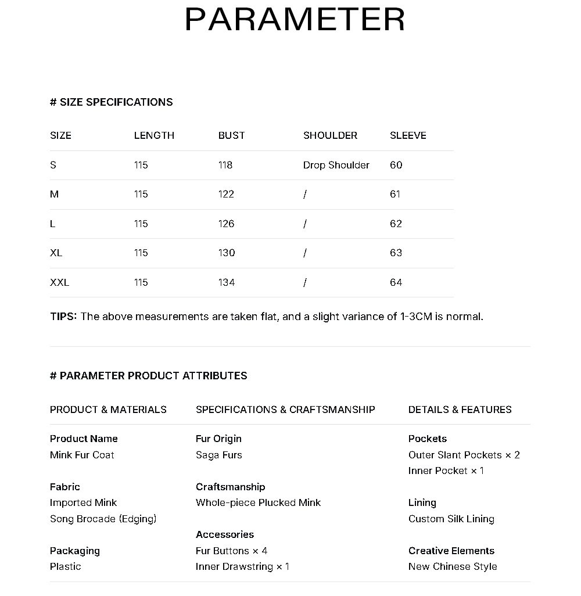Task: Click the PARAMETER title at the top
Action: tap(295, 20)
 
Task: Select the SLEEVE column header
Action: tap(408, 135)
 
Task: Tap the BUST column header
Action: tap(231, 135)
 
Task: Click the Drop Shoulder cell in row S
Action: tap(336, 165)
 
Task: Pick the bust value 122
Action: tap(226, 194)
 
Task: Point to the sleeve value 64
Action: tap(396, 282)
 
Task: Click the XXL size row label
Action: tap(59, 282)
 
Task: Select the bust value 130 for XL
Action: tap(227, 253)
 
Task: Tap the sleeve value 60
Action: tap(396, 165)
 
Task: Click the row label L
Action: tap(53, 224)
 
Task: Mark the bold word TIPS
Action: tap(63, 317)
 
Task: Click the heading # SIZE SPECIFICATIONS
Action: tap(111, 102)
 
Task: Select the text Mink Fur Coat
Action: tap(82, 455)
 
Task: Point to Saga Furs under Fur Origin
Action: tap(218, 455)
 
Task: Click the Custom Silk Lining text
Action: tap(451, 519)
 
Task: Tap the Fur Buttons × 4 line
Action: tap(231, 551)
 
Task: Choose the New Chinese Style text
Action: tap(453, 566)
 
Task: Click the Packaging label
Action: tap(74, 551)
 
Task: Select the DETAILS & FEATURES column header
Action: tap(460, 410)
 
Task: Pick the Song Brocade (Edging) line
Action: tap(103, 519)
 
